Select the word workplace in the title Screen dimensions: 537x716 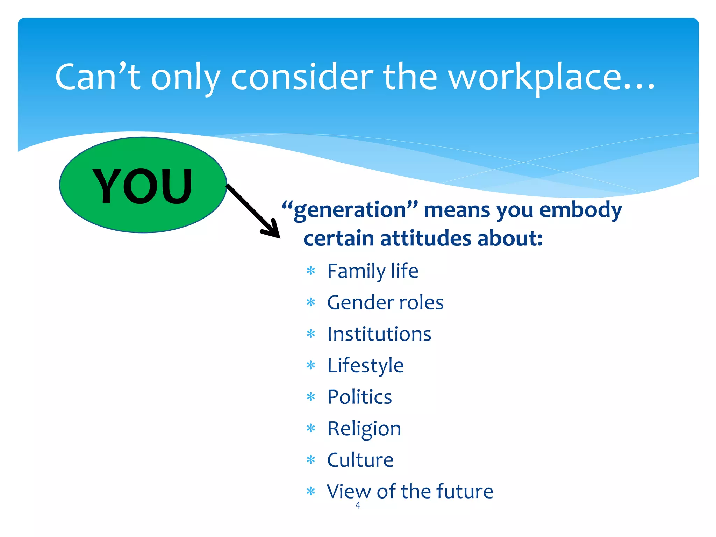(x=551, y=78)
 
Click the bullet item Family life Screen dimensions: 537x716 (x=372, y=271)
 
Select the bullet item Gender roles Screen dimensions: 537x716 (x=385, y=302)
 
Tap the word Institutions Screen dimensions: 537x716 (x=379, y=334)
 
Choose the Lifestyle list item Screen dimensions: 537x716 (x=365, y=366)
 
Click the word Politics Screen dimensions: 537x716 (x=359, y=397)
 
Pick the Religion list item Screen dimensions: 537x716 (x=364, y=429)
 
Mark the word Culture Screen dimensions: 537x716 (x=360, y=460)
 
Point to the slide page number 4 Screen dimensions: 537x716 (x=358, y=505)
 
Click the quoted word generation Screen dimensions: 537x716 (x=350, y=210)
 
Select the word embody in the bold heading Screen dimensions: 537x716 (x=580, y=210)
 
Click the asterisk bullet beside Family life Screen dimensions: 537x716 (x=310, y=271)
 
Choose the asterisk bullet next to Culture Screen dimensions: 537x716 (x=310, y=460)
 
